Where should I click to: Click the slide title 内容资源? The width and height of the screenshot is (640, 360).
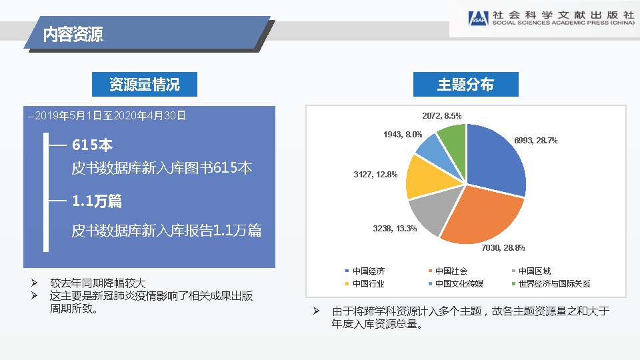[73, 34]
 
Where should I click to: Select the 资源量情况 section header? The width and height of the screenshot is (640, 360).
[145, 85]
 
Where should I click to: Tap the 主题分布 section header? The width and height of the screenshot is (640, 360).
[466, 85]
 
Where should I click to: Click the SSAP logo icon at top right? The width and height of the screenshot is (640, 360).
[479, 19]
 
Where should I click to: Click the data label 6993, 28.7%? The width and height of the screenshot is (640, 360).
[535, 141]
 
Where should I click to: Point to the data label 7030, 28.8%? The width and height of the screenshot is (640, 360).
[503, 248]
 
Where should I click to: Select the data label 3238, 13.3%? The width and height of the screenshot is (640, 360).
[395, 229]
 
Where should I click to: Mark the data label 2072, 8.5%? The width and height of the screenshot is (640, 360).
[441, 116]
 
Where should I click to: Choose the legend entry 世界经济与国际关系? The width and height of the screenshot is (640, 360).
[551, 284]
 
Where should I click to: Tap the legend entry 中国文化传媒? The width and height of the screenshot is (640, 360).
[456, 284]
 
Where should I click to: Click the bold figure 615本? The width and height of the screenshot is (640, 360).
[92, 145]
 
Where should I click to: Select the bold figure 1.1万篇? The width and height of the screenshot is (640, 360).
[97, 201]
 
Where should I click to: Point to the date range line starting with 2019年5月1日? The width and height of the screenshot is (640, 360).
[107, 116]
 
